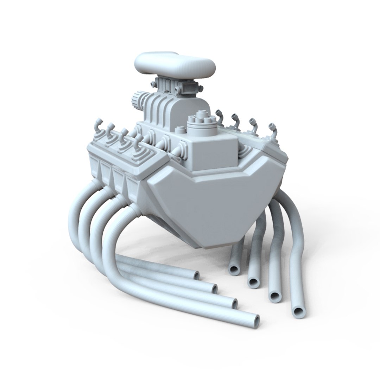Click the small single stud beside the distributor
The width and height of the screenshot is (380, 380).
coord(180,129)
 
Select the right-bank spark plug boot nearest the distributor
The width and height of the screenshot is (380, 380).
coord(220,120)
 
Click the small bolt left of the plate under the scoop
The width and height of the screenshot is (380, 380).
coord(153,84)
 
